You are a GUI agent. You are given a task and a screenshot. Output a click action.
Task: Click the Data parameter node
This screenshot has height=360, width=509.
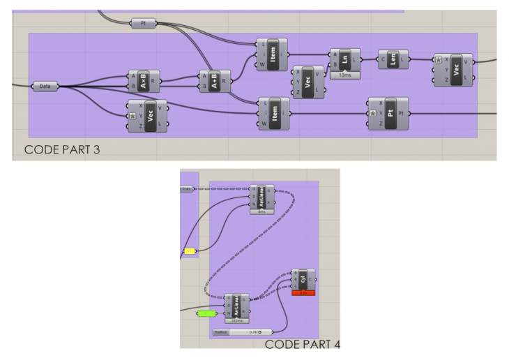tap(45, 87)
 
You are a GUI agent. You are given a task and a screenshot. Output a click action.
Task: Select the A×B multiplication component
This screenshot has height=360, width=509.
tap(144, 81)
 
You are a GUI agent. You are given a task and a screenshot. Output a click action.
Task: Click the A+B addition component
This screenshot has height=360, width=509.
tap(215, 81)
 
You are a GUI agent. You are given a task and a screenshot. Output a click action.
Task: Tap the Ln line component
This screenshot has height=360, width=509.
tap(345, 60)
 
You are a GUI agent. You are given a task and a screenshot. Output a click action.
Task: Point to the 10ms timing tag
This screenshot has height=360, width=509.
tap(345, 75)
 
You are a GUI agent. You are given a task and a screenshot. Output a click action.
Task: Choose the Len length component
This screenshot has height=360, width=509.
tap(393, 60)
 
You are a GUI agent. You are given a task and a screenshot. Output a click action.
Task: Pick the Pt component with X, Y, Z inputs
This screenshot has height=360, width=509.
tap(388, 113)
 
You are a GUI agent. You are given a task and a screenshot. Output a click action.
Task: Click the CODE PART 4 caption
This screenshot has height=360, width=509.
tap(302, 344)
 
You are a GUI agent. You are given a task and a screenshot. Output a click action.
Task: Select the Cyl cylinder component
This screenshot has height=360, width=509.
tap(303, 280)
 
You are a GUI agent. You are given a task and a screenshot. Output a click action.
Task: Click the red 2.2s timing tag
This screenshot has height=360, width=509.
tap(303, 293)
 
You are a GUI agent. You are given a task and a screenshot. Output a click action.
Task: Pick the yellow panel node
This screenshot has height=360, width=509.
tap(189, 250)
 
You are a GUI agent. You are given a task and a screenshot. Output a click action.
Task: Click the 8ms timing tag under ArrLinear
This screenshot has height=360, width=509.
tap(262, 211)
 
